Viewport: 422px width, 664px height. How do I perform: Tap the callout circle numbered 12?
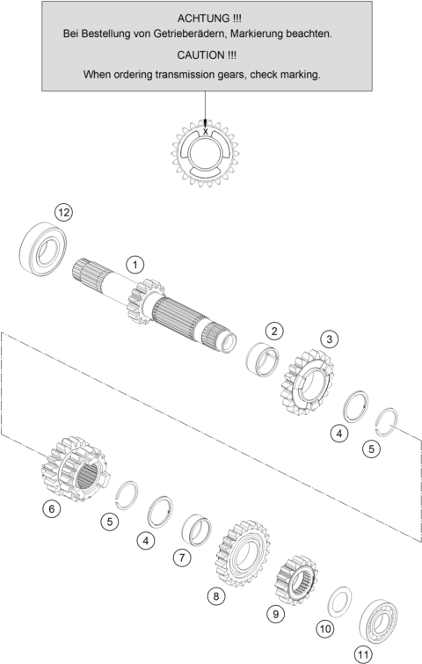tap(63, 212)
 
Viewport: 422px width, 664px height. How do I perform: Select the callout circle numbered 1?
tap(135, 265)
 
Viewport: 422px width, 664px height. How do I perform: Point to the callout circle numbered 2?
tap(274, 332)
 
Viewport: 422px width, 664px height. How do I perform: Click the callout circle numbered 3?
tap(330, 339)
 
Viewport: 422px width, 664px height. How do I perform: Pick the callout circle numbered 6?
tap(52, 508)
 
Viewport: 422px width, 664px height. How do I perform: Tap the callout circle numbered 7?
tap(182, 558)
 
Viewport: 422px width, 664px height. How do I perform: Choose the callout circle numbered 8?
tap(216, 596)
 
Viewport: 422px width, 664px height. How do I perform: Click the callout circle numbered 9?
tap(276, 613)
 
